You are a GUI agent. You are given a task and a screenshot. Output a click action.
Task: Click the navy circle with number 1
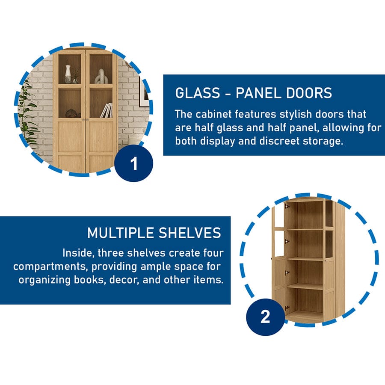[x=134, y=163]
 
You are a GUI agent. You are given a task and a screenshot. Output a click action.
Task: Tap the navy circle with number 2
[x=265, y=317]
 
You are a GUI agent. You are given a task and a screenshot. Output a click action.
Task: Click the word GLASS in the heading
[x=198, y=93]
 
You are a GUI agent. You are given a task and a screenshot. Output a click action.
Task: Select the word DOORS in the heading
[x=309, y=93]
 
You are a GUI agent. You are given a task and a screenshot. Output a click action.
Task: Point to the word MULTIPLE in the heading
[x=121, y=233]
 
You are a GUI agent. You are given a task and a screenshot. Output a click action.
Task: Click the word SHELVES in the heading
[x=190, y=233]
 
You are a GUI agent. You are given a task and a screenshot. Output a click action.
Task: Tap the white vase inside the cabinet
[x=68, y=74]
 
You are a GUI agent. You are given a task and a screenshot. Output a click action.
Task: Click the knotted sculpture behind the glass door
[x=101, y=77]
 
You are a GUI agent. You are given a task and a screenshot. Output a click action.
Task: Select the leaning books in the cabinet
[x=107, y=110]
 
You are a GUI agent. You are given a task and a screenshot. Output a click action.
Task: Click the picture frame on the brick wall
[x=144, y=92]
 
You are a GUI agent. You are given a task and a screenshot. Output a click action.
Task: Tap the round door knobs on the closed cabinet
[x=85, y=120]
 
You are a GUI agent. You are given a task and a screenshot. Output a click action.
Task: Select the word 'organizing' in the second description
[x=44, y=280]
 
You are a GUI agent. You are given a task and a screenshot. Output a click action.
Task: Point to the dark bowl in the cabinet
[x=71, y=113]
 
